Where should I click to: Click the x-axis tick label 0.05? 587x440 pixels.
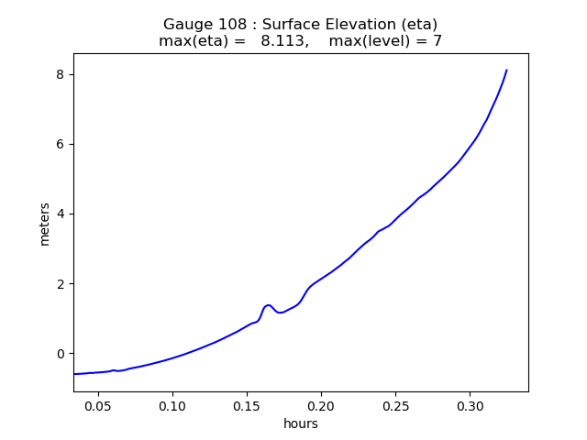pos(98,405)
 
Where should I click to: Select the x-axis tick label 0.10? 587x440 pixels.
pos(172,405)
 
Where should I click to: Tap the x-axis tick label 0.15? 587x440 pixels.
pos(247,405)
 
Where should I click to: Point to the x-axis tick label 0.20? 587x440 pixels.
pos(321,405)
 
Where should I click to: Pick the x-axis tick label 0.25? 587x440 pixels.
pos(395,405)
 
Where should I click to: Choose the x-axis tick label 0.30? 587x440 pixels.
pos(470,405)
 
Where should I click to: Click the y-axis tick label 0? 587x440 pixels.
pos(61,354)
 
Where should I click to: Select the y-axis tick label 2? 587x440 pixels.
pos(61,284)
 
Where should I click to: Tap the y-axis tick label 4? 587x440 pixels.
pos(61,214)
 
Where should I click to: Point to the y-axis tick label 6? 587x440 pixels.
pos(61,145)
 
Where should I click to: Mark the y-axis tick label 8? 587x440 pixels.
pos(61,74)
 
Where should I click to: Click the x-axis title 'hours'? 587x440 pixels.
pos(301,423)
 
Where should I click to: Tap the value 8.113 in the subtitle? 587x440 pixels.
pos(282,41)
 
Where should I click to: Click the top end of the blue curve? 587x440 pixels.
pos(506,71)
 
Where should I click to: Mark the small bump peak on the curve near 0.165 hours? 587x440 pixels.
pos(268,305)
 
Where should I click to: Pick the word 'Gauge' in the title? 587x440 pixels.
pos(185,25)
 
